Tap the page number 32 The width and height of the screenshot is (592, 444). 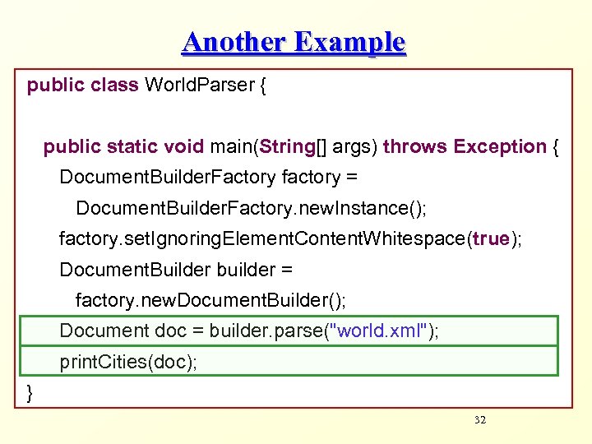(x=481, y=420)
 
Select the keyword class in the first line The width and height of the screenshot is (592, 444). (x=114, y=85)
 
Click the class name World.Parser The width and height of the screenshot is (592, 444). (x=200, y=85)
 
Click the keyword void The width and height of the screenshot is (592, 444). (x=184, y=146)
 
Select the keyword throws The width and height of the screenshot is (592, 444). (x=415, y=146)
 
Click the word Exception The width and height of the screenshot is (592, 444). (x=500, y=146)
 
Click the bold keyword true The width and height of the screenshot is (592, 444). (x=491, y=239)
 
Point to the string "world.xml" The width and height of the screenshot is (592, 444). (x=377, y=331)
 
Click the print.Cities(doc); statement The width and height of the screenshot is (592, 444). (x=128, y=362)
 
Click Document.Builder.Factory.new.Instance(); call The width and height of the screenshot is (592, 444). (x=251, y=208)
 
